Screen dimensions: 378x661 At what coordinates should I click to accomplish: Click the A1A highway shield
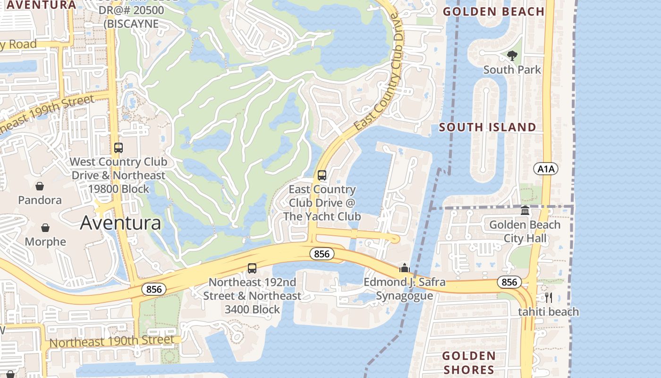(546, 169)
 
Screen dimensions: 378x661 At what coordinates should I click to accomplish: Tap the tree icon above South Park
(512, 56)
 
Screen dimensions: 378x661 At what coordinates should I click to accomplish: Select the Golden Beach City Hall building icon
(525, 211)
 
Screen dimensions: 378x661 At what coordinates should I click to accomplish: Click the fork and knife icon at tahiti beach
(548, 297)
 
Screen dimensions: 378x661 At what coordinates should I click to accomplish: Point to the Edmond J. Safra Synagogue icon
(404, 268)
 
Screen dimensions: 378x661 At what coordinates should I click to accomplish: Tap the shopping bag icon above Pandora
(40, 186)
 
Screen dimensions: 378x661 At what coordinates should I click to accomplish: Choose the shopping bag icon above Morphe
(45, 228)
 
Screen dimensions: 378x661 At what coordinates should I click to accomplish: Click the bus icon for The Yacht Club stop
(322, 175)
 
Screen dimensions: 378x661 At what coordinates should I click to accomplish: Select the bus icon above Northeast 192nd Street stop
(252, 268)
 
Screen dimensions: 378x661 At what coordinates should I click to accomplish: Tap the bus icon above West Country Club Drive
(118, 148)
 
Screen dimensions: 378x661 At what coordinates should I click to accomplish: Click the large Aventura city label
(120, 223)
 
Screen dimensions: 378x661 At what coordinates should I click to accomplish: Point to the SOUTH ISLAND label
(488, 127)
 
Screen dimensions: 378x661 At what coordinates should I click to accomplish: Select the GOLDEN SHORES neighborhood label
(469, 362)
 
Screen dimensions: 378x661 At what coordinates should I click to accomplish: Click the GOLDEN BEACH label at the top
(494, 12)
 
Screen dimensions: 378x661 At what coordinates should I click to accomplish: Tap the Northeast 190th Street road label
(111, 341)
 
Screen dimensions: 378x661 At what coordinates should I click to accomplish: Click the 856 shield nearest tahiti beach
(509, 282)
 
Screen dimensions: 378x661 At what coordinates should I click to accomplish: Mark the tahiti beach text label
(548, 312)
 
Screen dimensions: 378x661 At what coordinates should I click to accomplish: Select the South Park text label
(512, 70)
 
